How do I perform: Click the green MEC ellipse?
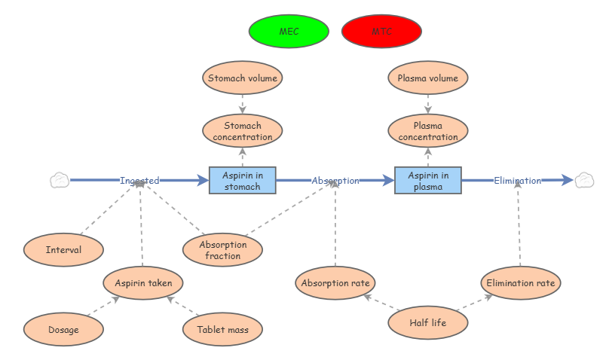(289, 31)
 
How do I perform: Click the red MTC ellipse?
(381, 31)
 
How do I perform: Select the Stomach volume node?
(242, 78)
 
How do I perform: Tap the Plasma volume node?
(428, 78)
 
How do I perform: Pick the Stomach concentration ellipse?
(242, 130)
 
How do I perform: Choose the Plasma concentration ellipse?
(428, 130)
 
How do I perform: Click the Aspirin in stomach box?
(242, 180)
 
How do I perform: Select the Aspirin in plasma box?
(428, 180)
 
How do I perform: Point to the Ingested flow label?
(139, 181)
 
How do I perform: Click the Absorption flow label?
(335, 181)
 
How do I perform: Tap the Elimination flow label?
(518, 181)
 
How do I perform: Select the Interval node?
(63, 250)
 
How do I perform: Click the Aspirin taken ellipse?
(143, 282)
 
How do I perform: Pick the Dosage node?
(63, 329)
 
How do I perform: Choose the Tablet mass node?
(222, 329)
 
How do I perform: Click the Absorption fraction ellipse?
(222, 250)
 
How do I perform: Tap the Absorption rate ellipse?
(335, 282)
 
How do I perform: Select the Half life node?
(428, 322)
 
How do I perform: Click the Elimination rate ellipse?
(521, 282)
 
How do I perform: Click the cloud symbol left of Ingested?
(60, 180)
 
